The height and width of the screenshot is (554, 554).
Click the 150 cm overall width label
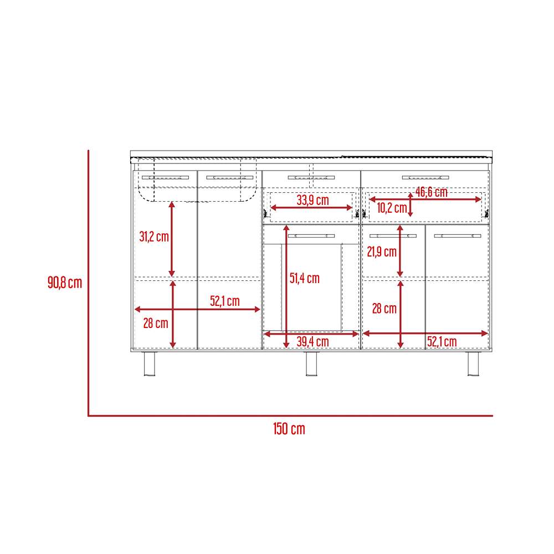pos(289,429)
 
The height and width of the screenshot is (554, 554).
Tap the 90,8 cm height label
pos(65,283)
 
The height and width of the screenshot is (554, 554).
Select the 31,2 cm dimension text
pos(154,237)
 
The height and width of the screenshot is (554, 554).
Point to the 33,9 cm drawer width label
pos(312,200)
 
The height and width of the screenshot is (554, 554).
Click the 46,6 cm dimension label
pos(432,192)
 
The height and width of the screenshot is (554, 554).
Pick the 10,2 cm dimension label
pos(392,208)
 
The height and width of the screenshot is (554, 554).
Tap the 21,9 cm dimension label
pos(382,252)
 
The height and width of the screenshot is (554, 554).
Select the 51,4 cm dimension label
pos(305,278)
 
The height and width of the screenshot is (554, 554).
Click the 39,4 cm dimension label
pos(312,342)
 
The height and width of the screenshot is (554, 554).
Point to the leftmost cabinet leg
pos(150,363)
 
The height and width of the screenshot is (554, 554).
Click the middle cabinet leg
pos(311,363)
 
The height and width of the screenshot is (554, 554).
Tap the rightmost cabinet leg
pos(473,363)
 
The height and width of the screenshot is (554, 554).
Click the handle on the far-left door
pos(165,177)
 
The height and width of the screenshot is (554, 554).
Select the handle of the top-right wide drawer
pos(425,177)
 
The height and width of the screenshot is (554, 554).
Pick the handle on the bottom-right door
pos(458,235)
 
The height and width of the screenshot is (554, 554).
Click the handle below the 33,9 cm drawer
pos(311,235)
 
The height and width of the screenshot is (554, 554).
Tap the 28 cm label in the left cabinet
pos(156,323)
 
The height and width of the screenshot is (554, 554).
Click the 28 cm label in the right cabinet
pos(384,309)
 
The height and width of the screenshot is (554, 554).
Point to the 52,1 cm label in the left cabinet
pos(225,301)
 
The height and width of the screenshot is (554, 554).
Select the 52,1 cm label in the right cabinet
pos(442,342)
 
